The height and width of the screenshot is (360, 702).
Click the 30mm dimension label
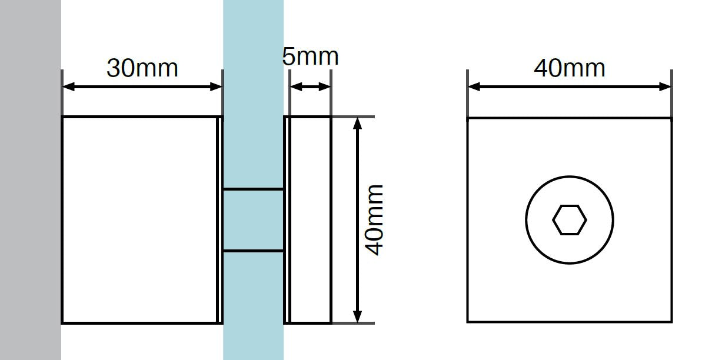[x=142, y=68]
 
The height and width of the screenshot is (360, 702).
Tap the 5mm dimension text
[x=310, y=56]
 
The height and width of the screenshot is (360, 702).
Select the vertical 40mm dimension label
[x=374, y=219]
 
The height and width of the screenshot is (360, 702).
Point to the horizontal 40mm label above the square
[x=569, y=68]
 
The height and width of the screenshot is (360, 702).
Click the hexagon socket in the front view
[x=570, y=220]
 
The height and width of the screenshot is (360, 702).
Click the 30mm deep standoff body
[x=141, y=219]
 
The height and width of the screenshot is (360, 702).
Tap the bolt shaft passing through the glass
[x=253, y=220]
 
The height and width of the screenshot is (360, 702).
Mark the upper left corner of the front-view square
[x=468, y=118]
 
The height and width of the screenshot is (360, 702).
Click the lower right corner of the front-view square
[x=671, y=322]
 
